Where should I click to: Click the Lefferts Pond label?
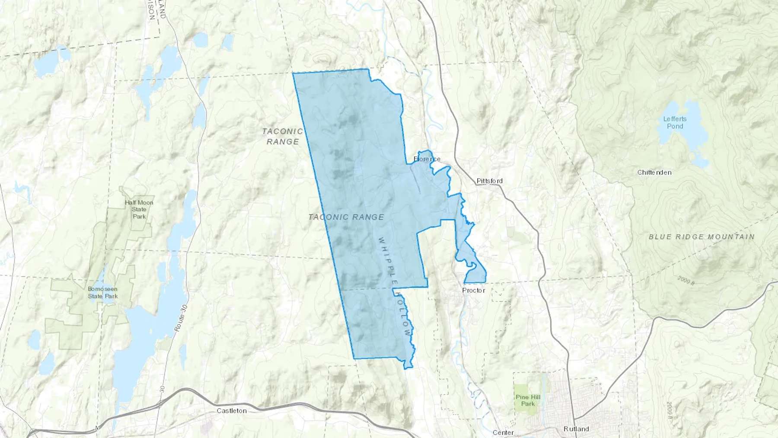pyautogui.click(x=675, y=122)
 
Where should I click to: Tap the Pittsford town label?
pyautogui.click(x=489, y=181)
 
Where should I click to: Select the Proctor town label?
pyautogui.click(x=473, y=290)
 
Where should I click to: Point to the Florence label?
pyautogui.click(x=427, y=159)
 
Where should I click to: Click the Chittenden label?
pyautogui.click(x=654, y=172)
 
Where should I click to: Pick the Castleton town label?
pyautogui.click(x=232, y=410)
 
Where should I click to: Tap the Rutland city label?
pyautogui.click(x=576, y=429)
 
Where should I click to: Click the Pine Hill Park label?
pyautogui.click(x=528, y=400)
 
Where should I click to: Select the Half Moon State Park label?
pyautogui.click(x=139, y=209)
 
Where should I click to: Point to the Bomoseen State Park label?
pyautogui.click(x=103, y=293)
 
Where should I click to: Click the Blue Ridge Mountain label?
pyautogui.click(x=701, y=237)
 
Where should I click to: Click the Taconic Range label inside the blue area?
pyautogui.click(x=346, y=217)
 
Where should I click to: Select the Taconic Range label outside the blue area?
pyautogui.click(x=283, y=136)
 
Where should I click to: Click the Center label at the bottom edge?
pyautogui.click(x=503, y=432)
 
